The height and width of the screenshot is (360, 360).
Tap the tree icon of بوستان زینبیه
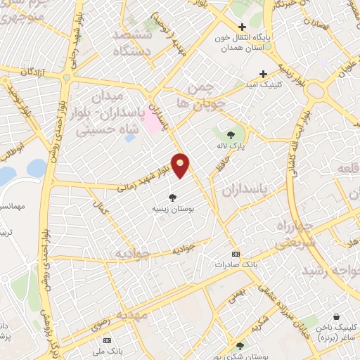[x=172, y=198]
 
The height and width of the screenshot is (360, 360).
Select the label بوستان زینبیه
[x=173, y=210]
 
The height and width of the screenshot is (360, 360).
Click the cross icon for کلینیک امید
[x=264, y=73]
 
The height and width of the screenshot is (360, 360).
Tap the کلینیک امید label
[x=279, y=84]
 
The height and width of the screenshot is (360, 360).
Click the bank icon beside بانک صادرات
[x=236, y=254]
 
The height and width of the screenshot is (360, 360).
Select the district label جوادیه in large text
[x=133, y=253]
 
